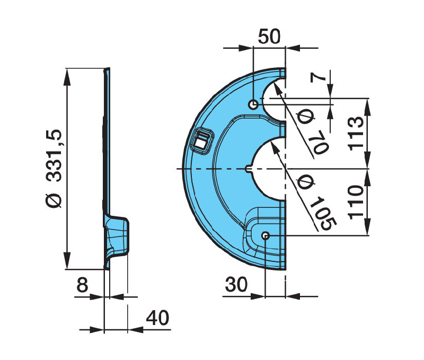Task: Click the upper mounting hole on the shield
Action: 254,104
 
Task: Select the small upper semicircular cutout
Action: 276,98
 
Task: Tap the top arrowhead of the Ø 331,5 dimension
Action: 67,74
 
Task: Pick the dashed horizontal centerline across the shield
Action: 212,169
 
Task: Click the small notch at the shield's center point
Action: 249,169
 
